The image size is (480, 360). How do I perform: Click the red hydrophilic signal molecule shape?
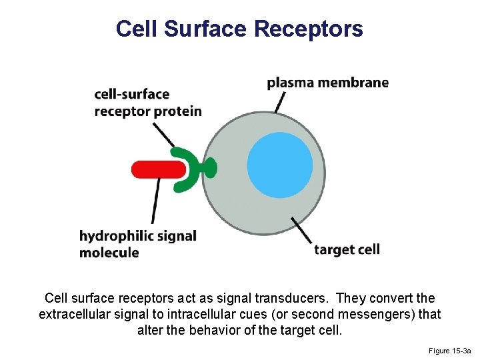pos(157,169)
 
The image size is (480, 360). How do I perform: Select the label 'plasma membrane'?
pos(327,83)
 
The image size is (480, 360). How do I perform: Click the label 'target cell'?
pos(347,250)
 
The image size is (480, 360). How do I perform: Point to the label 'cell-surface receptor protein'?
pos(148,103)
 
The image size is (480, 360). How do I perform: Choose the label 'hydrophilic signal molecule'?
pos(137,244)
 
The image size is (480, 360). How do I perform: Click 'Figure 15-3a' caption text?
pos(450,351)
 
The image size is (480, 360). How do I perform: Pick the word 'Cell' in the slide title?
pos(137,29)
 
